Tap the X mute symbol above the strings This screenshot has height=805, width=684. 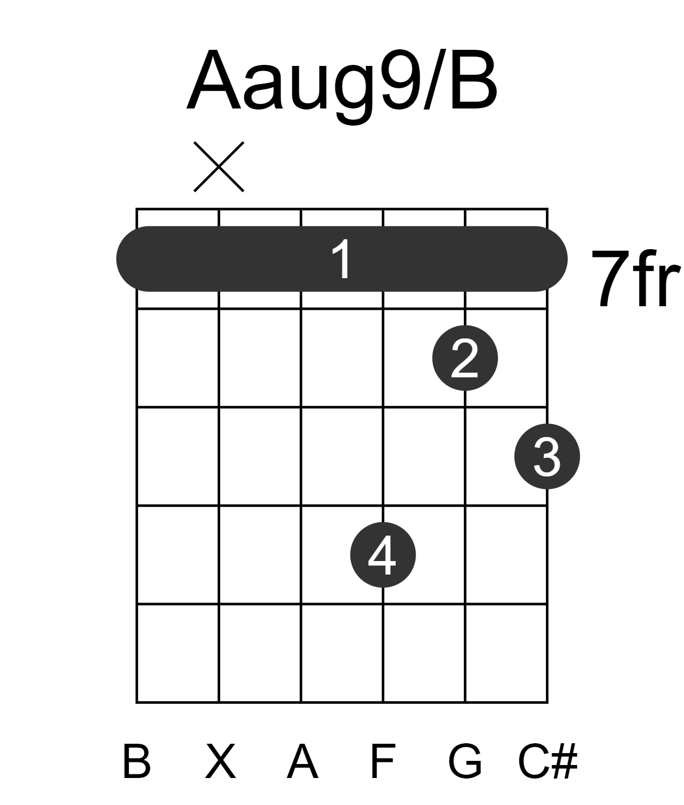pos(219,167)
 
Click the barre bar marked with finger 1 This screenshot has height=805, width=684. pos(342,258)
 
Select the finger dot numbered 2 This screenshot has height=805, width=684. pos(465,358)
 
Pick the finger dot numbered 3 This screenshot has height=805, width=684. pos(547,456)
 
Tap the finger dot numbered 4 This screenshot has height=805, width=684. pos(383,555)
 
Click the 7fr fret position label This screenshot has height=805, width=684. pos(636,278)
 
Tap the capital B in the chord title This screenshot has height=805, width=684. pos(474,80)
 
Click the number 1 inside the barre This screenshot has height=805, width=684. pos(342,258)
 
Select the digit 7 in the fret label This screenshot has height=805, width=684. pos(610,278)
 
